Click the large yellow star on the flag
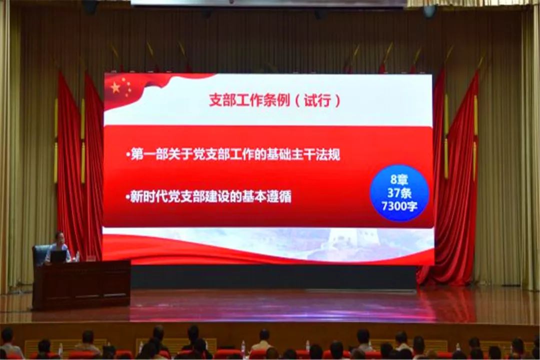115,88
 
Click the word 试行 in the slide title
317,100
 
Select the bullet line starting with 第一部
233,154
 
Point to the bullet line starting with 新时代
208,196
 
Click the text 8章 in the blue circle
399,179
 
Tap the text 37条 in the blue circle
399,193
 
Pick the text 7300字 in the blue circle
399,206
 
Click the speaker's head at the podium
59,237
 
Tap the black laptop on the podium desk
58,256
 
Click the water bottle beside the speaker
77,256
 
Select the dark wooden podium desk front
81,285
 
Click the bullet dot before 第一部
128,155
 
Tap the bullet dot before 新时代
128,197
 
